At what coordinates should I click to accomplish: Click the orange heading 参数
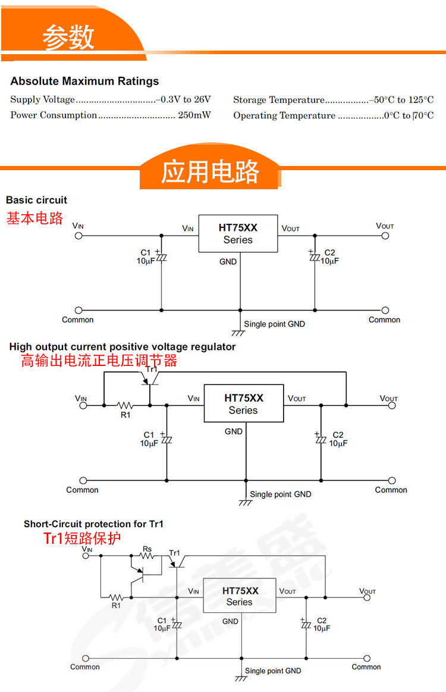[68, 37]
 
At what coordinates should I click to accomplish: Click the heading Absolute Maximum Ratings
[84, 81]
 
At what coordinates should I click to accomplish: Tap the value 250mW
[194, 115]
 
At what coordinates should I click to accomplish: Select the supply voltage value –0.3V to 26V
[183, 99]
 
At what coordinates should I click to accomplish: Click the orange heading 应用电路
[210, 172]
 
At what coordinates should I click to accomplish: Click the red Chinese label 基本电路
[34, 218]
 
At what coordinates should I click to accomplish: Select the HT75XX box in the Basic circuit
[238, 233]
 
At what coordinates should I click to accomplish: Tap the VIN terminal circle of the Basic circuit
[78, 236]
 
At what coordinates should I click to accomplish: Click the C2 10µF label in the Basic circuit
[329, 257]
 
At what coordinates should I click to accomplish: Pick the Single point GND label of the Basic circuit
[274, 324]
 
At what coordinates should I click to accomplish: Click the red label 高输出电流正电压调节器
[99, 361]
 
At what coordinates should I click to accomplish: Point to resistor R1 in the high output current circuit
[125, 406]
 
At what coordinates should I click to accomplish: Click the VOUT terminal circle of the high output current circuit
[391, 405]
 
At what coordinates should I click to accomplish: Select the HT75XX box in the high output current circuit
[243, 403]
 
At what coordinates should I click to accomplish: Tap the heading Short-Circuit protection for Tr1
[93, 524]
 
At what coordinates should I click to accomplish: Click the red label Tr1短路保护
[82, 539]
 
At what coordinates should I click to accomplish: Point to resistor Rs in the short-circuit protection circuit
[147, 556]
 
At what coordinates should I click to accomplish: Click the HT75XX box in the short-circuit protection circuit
[240, 596]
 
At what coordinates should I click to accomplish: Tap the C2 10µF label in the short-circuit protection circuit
[321, 624]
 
